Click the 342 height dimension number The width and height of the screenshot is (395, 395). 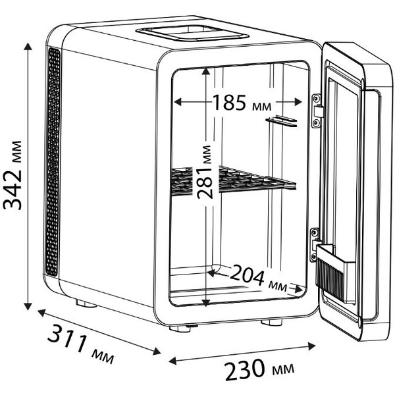click(x=12, y=190)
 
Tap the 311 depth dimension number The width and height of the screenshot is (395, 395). click(x=67, y=337)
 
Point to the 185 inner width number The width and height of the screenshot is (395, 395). click(x=229, y=103)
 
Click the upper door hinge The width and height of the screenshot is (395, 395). click(x=317, y=111)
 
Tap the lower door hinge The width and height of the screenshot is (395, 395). click(x=315, y=245)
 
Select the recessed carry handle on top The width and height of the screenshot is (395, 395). click(x=193, y=34)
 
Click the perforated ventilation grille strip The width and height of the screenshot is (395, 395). click(x=53, y=161)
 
